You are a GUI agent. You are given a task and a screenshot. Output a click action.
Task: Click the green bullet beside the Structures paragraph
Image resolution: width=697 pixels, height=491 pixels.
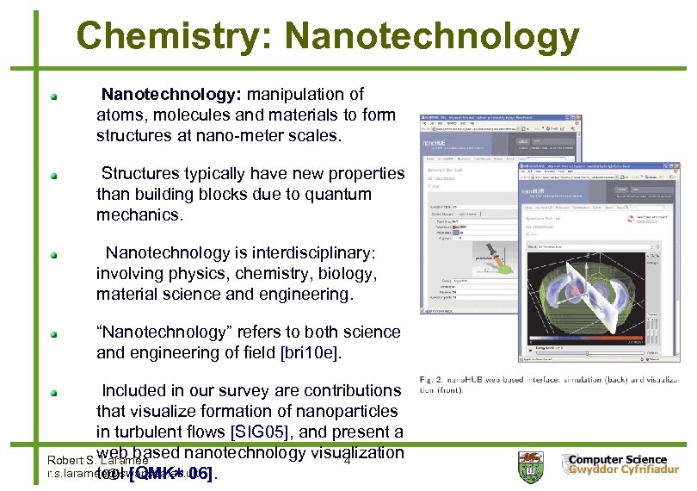click(x=53, y=175)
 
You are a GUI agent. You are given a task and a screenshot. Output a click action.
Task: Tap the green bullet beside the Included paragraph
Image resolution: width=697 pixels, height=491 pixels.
click(x=53, y=392)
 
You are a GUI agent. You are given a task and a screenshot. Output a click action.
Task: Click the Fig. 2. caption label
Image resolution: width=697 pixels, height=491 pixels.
click(x=433, y=378)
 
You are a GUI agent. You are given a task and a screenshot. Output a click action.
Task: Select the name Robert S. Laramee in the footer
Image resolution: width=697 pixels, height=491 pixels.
click(x=86, y=459)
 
